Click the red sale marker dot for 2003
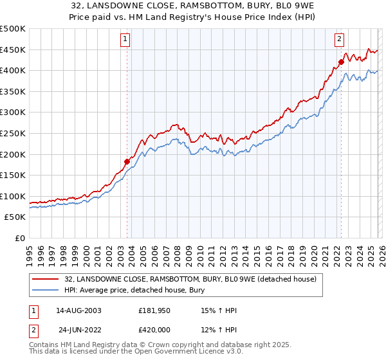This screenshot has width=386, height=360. point(127,161)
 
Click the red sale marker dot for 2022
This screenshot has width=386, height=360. point(341,62)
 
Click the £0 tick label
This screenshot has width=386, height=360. point(19,238)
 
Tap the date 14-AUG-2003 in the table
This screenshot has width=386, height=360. point(79,310)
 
